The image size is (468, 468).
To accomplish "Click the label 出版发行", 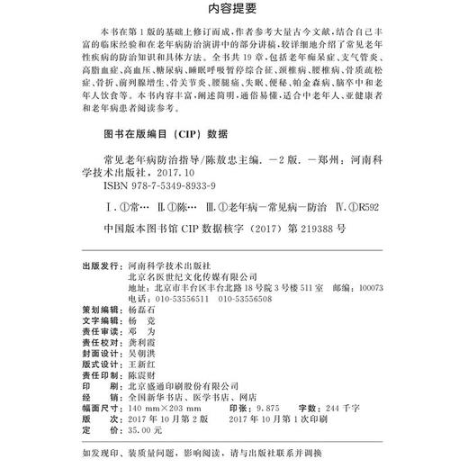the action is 103,267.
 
